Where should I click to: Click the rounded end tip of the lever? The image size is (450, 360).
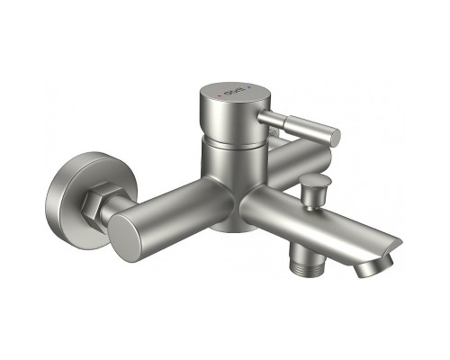[335, 136]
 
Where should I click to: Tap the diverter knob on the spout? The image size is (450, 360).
[314, 192]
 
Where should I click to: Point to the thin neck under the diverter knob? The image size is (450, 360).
[313, 206]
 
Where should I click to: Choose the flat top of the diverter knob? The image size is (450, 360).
[314, 184]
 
